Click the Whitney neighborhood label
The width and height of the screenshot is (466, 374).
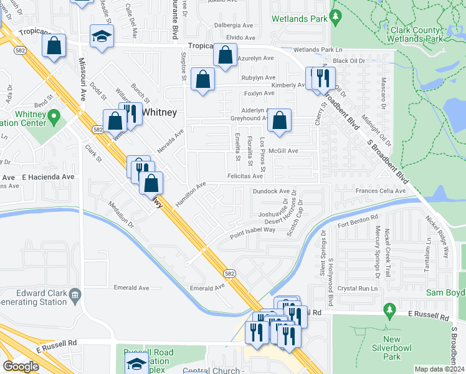tap(159, 112)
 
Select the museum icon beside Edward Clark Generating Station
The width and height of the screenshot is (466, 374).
tap(75, 294)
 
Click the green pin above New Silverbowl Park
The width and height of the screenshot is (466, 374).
tap(390, 309)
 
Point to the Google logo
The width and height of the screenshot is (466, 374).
tap(21, 367)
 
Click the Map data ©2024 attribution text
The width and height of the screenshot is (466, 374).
tap(439, 369)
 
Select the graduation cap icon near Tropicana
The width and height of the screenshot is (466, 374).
tap(101, 36)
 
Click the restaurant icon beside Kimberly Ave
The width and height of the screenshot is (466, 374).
tap(322, 77)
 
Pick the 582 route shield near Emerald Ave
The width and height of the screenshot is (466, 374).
tap(230, 273)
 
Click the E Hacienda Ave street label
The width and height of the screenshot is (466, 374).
tap(49, 177)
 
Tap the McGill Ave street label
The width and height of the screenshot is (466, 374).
tap(283, 151)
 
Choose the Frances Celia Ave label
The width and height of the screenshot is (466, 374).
tap(380, 191)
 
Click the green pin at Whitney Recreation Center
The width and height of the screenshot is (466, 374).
tap(54, 116)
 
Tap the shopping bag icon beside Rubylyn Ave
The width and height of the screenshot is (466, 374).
tap(202, 79)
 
